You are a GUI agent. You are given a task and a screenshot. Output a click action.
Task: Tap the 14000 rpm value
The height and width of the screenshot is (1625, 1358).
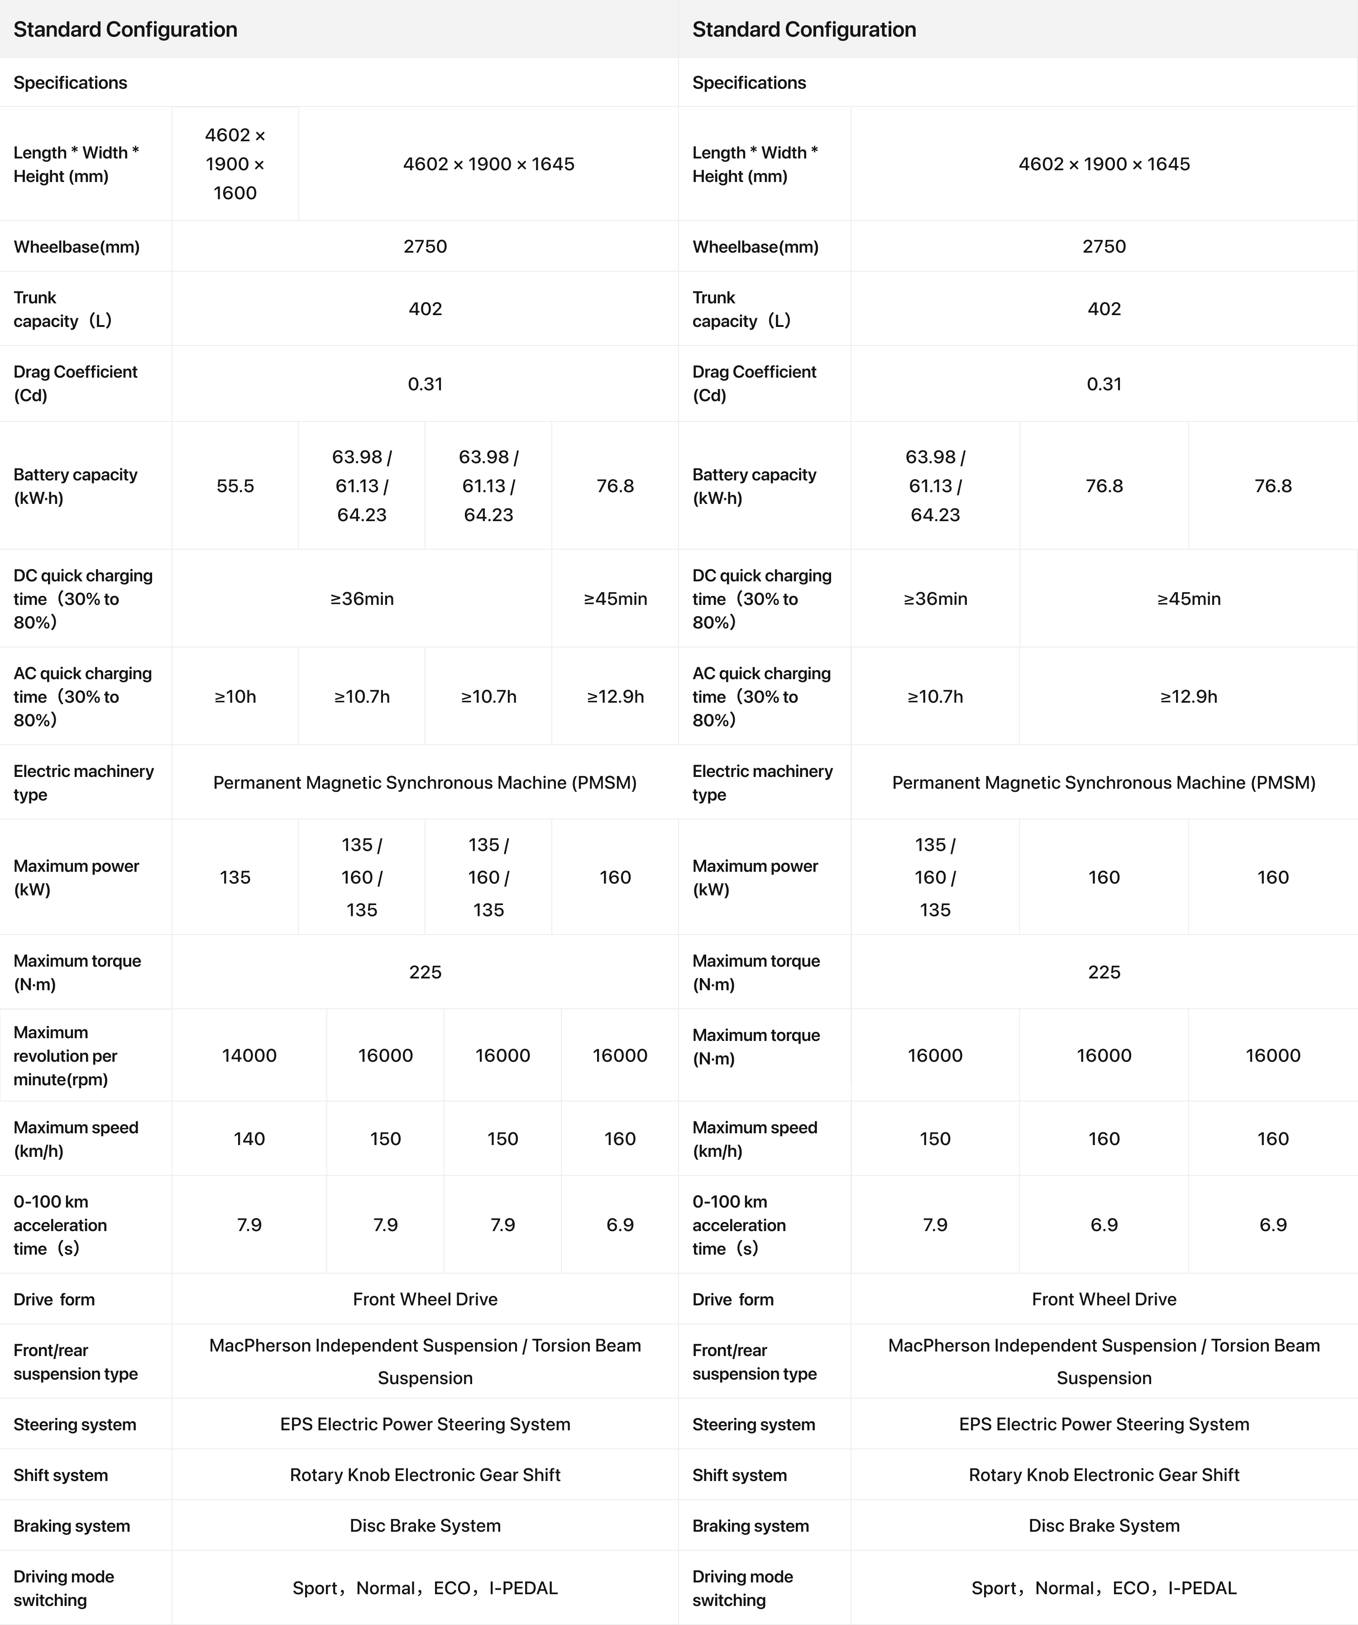[249, 1055]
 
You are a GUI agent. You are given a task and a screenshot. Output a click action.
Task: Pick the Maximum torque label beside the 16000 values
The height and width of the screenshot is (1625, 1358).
[756, 1047]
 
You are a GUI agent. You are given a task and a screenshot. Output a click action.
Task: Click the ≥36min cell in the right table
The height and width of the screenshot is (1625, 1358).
[935, 599]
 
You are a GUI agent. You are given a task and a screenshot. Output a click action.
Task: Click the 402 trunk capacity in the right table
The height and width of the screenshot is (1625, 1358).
[1104, 309]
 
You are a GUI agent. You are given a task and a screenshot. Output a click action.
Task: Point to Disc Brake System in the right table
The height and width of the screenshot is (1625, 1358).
[1104, 1526]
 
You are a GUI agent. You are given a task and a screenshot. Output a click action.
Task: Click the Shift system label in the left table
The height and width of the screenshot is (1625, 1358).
[60, 1475]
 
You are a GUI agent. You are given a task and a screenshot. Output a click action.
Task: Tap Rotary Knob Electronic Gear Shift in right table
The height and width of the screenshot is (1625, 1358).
[1104, 1475]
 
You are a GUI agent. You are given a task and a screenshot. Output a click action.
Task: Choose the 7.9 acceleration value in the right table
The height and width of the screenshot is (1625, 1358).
[935, 1225]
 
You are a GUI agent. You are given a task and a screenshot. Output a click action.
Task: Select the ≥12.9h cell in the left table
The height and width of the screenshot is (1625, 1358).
[615, 696]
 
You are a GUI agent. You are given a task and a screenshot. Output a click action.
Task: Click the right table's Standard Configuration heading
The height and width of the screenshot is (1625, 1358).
[804, 29]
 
